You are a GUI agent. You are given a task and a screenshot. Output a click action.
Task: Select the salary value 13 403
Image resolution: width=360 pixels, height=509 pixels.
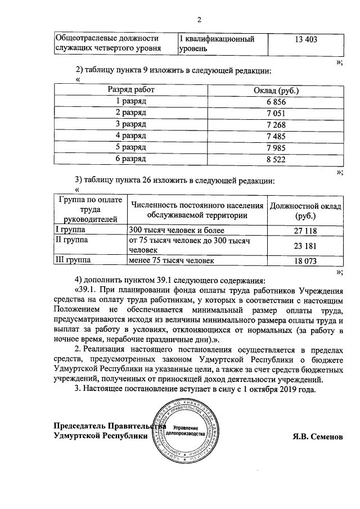(306, 39)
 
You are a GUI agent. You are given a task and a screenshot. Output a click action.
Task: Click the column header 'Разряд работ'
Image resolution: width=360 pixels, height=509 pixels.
(131, 90)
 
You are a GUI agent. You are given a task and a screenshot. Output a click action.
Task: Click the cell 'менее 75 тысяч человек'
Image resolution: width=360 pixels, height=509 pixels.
(172, 261)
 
